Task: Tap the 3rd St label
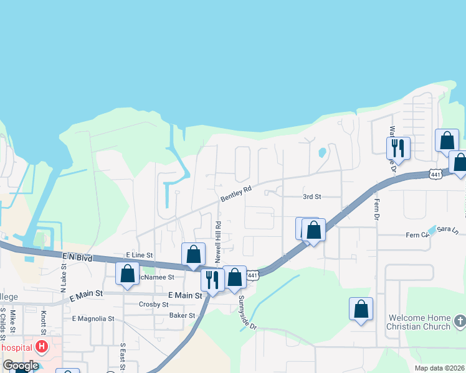pos(311,196)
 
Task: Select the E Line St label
pos(139,255)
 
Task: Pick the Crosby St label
pos(153,305)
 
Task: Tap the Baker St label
pos(183,316)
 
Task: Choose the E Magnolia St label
pos(93,318)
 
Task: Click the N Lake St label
pos(64,276)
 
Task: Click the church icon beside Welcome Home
pos(460,321)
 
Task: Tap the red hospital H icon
pos(42,346)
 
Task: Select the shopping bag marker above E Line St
pos(193,254)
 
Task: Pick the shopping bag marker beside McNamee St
pos(127,273)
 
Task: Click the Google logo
pos(21,366)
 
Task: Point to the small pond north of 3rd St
pos(322,152)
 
